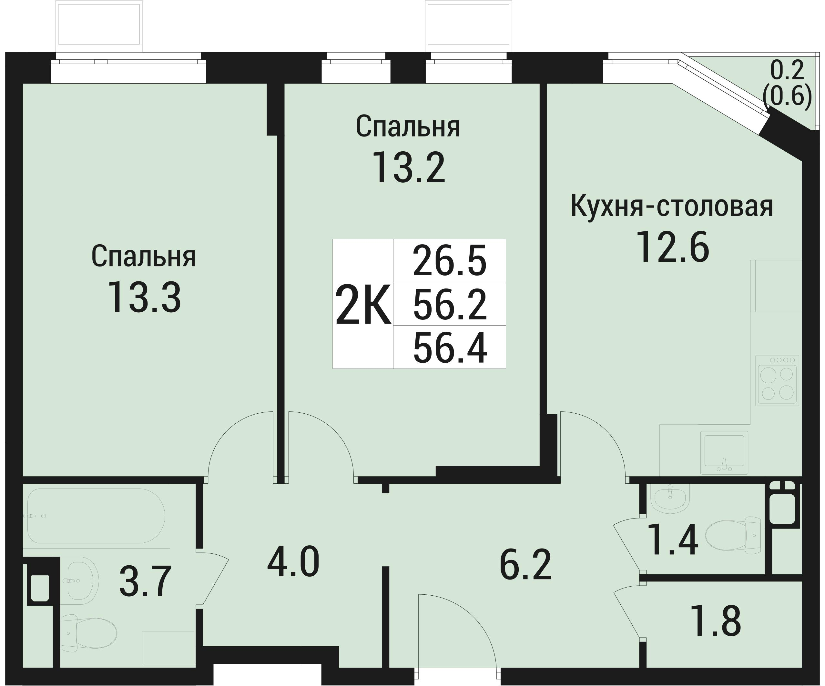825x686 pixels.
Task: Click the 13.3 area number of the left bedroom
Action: [145, 298]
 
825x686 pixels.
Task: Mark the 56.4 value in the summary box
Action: [450, 347]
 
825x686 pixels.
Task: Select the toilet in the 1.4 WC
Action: [733, 535]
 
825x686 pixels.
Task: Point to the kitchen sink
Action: [724, 453]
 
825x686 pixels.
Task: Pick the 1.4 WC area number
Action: [673, 540]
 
